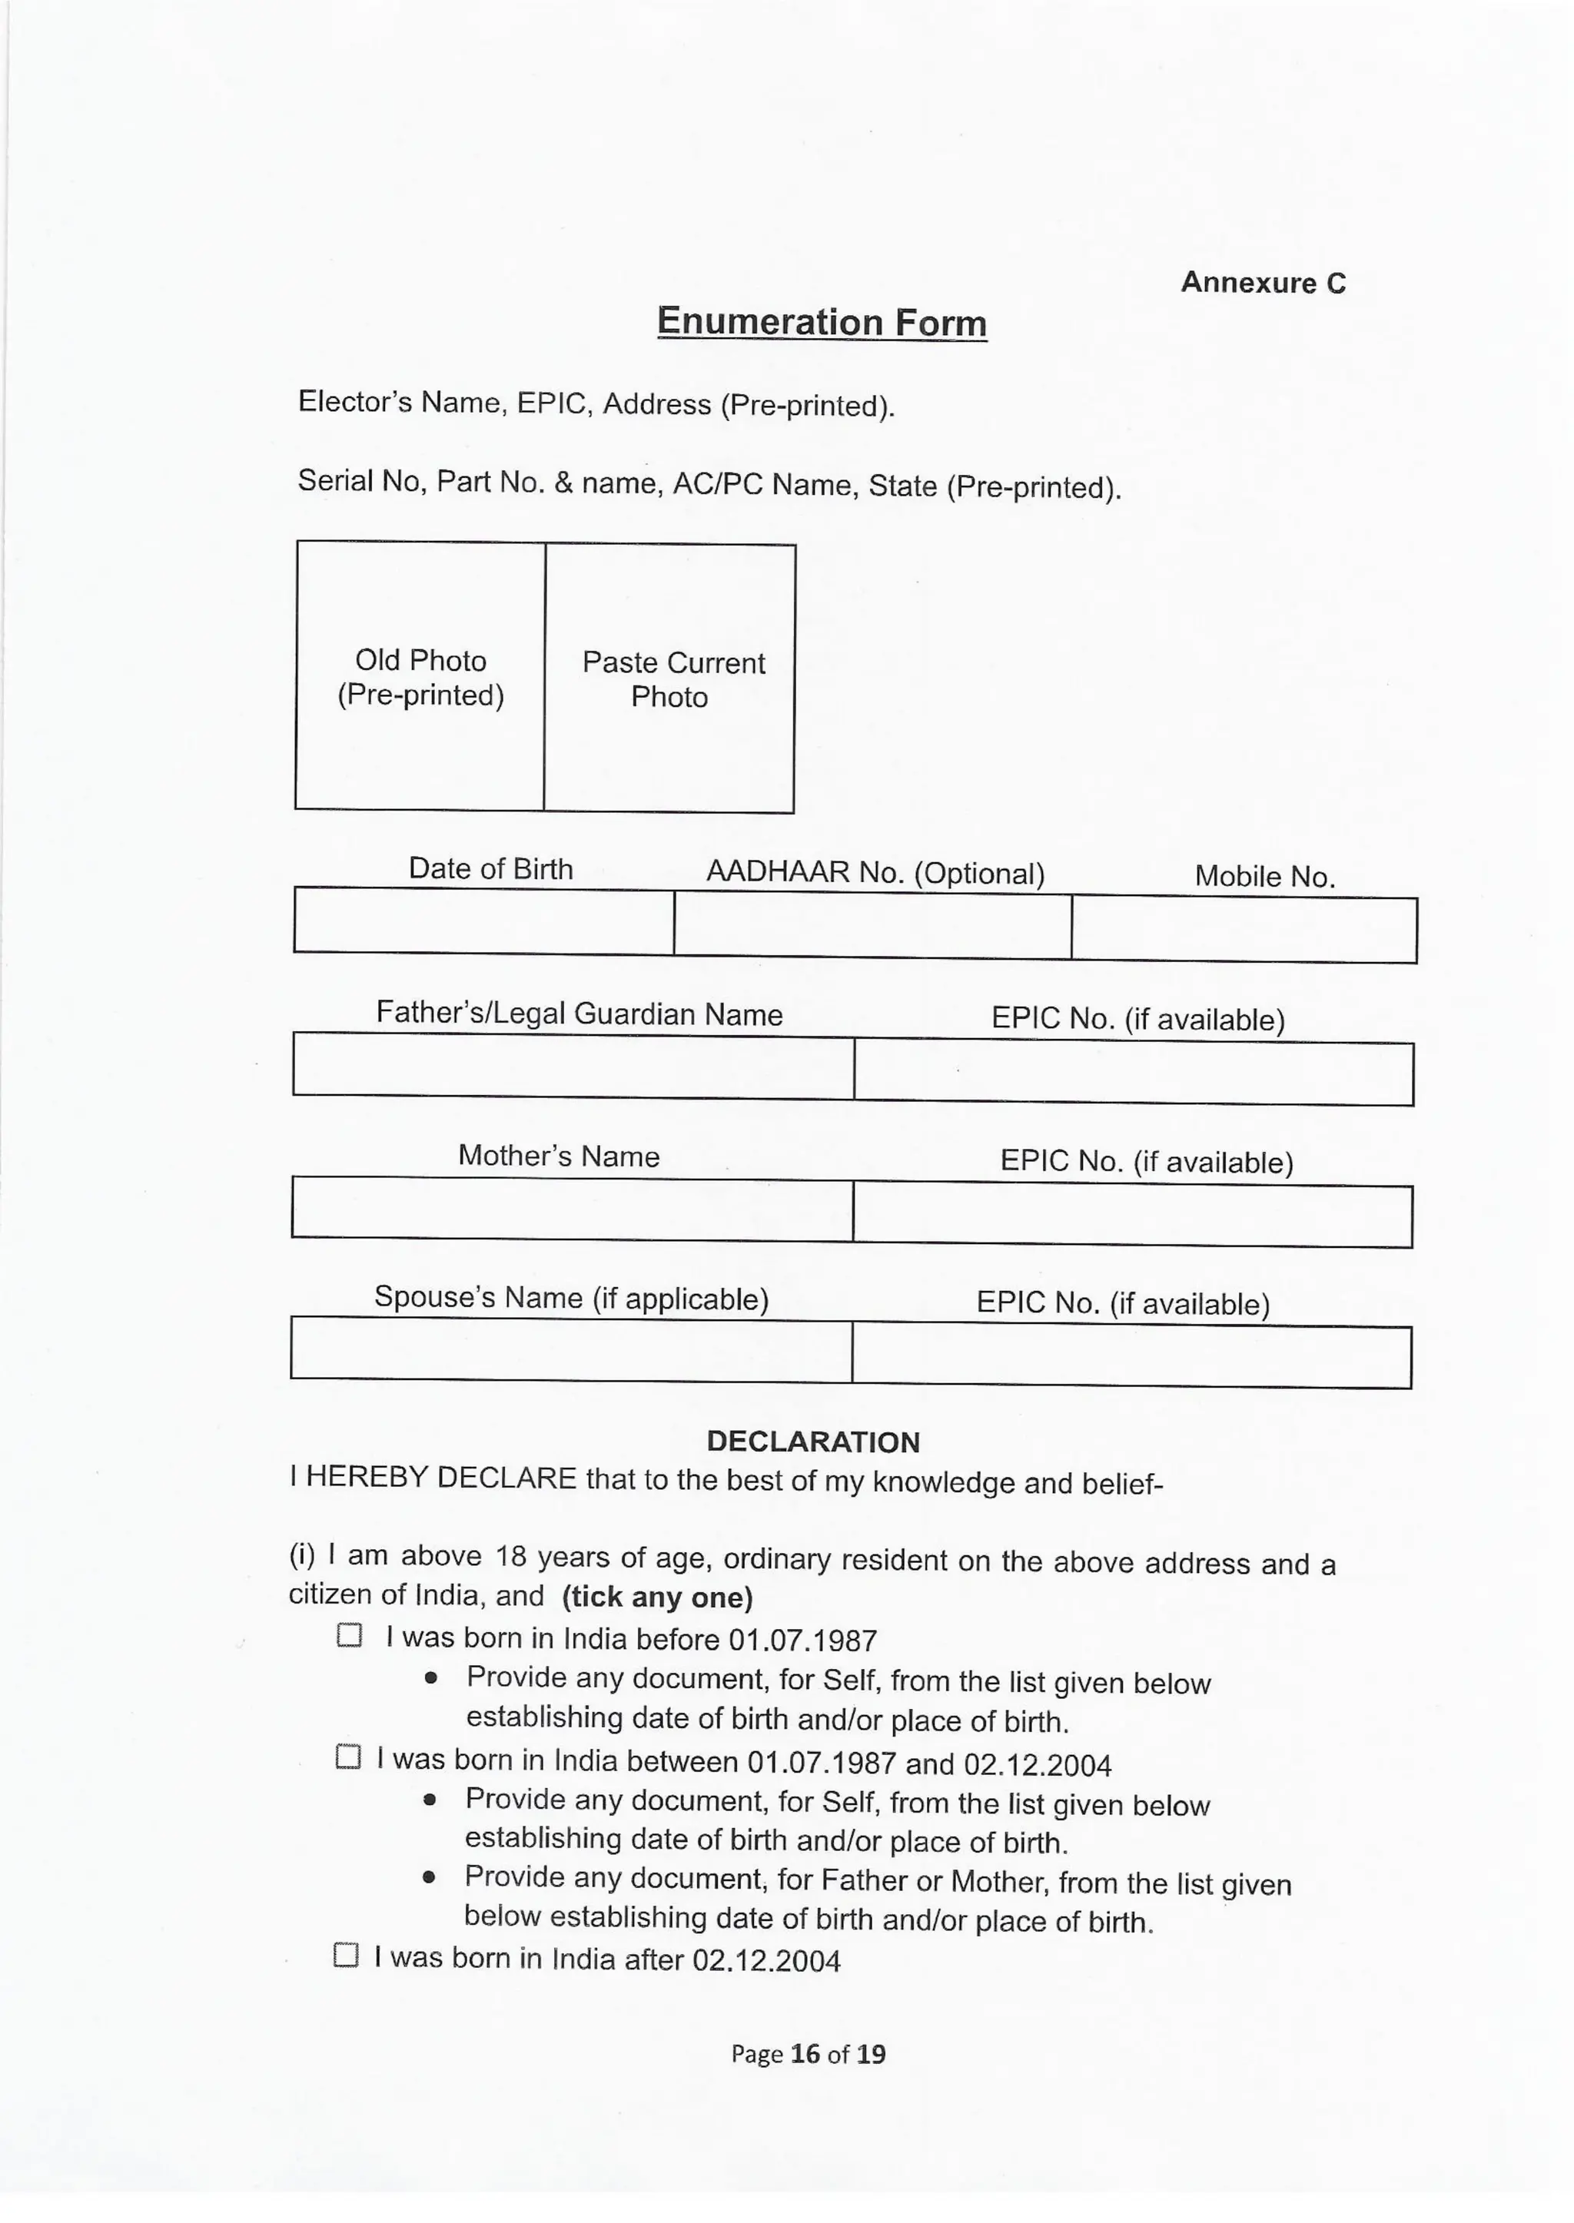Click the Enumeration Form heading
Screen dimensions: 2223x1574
821,322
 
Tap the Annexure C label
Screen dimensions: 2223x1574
1263,282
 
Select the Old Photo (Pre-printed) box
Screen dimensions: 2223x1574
420,676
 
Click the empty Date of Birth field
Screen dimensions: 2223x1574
483,921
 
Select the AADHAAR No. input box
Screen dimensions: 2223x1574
872,925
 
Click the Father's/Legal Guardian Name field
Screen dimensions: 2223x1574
573,1067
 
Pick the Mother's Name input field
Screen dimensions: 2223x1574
572,1209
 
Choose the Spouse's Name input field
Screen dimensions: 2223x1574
571,1349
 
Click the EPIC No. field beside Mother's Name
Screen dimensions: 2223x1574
1132,1215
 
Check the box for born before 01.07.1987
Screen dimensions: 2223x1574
349,1636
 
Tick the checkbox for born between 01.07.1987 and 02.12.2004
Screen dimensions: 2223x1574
348,1757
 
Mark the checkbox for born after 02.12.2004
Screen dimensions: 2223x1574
346,1955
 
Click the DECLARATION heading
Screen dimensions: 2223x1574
812,1442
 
